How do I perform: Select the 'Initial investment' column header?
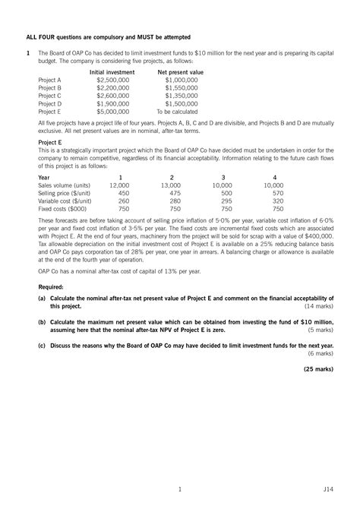(x=112, y=71)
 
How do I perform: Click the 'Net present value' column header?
(x=180, y=71)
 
